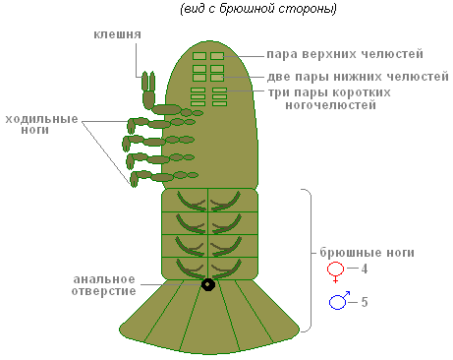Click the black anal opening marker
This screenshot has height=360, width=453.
point(208,284)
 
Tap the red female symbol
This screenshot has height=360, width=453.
point(335,270)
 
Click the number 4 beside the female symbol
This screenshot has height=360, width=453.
point(365,269)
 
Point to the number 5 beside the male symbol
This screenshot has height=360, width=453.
point(365,302)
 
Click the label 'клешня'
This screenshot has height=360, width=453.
point(117,34)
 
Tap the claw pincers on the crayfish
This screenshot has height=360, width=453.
point(148,82)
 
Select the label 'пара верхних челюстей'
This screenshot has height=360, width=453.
point(345,54)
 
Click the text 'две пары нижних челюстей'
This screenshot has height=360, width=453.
point(358,77)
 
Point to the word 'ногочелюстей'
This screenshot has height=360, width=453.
point(331,105)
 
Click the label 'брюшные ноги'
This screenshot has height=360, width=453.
point(368,253)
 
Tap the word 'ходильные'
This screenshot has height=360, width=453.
point(41,119)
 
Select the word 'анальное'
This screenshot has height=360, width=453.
point(104,279)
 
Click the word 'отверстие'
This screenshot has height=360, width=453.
point(103,291)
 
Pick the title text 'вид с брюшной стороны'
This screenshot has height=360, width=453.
point(258,9)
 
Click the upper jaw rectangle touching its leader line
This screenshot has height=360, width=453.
point(217,56)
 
